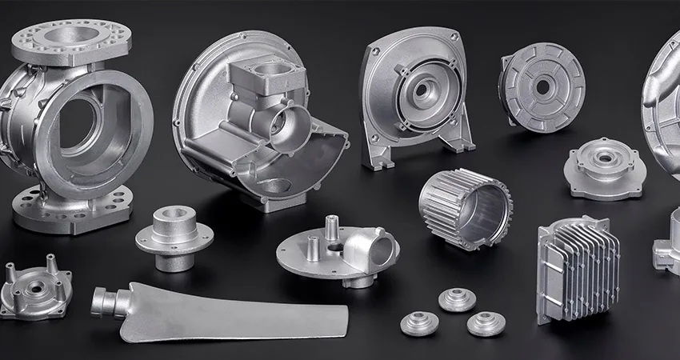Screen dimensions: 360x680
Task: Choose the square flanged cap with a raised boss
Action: pos(605,167)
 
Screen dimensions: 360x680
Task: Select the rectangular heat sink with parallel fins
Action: pos(578,269)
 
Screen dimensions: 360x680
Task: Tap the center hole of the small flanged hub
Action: pos(174,214)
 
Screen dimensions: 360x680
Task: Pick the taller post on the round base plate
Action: pos(329,228)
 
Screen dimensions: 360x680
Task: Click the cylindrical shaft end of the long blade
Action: pos(105,302)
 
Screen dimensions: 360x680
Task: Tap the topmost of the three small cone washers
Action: pos(457,299)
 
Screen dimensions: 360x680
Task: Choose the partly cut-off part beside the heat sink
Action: pos(666,248)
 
